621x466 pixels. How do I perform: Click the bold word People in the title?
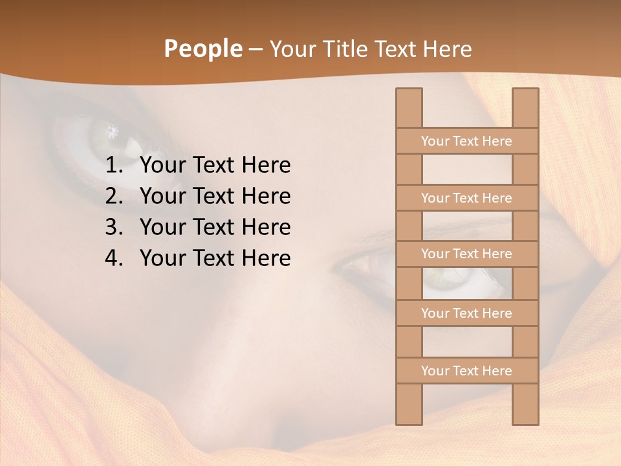202,49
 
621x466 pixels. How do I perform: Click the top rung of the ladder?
466,141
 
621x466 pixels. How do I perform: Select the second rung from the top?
466,198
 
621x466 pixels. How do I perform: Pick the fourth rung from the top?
466,313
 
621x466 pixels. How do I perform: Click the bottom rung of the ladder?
466,371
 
